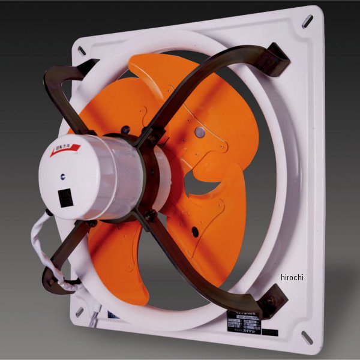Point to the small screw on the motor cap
point(61,178)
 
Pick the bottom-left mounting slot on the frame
point(79,312)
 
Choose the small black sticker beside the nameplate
point(270,332)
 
